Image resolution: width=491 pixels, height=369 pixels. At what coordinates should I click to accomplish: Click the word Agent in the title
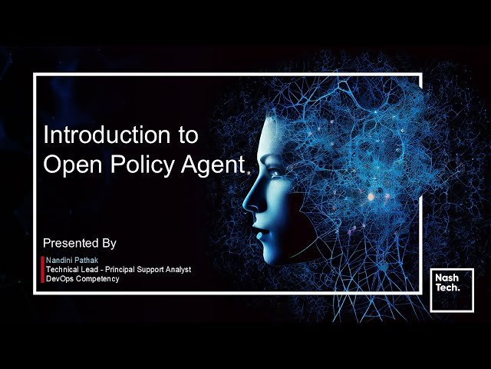tap(213, 164)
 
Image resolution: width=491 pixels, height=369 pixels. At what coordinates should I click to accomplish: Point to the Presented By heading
tap(80, 243)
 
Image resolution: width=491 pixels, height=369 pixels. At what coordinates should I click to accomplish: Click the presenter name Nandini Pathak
tap(76, 261)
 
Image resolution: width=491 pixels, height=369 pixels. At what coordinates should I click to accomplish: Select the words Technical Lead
tap(72, 270)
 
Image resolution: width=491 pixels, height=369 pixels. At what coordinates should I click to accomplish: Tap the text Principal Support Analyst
tap(150, 270)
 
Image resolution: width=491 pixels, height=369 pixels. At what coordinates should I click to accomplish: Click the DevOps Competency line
tap(82, 279)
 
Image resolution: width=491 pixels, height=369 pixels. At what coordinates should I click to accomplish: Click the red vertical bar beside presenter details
tap(42, 270)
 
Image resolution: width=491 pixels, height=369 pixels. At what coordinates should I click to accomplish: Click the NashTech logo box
tap(451, 290)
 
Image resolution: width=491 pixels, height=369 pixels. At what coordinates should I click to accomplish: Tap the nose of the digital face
tap(250, 201)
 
